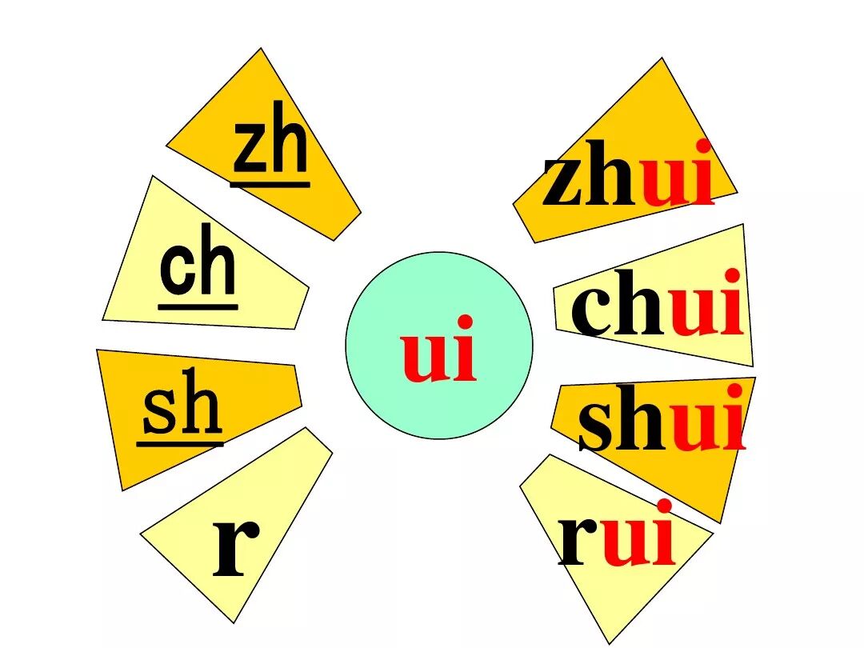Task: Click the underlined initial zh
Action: pyautogui.click(x=270, y=149)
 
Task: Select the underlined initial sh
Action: pyautogui.click(x=181, y=408)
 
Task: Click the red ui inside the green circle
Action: pyautogui.click(x=439, y=350)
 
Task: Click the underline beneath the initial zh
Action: pyautogui.click(x=270, y=185)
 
